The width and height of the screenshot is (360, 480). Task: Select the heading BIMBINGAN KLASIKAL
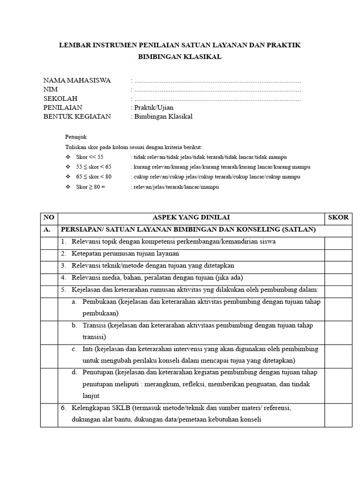click(x=180, y=57)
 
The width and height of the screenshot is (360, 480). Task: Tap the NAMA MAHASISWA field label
click(x=77, y=80)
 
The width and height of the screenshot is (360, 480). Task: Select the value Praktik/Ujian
click(x=153, y=108)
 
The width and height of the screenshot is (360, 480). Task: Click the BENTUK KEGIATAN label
click(x=77, y=117)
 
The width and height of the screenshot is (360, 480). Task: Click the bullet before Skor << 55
click(x=68, y=157)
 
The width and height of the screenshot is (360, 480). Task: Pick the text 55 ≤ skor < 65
click(x=94, y=167)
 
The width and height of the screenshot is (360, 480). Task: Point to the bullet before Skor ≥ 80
click(x=68, y=187)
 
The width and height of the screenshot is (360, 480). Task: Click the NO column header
click(x=48, y=217)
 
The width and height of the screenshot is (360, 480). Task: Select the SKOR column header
click(x=338, y=217)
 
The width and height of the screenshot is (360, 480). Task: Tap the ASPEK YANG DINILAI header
click(x=192, y=217)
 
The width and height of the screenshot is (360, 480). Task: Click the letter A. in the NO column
click(x=47, y=230)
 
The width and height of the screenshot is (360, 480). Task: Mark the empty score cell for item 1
click(x=338, y=242)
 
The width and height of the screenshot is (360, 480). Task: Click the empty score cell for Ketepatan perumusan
click(x=338, y=254)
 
